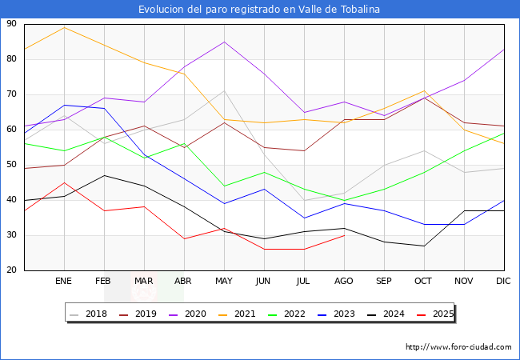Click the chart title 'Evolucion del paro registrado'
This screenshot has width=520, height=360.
[259, 10]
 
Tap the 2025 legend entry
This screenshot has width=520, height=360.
[442, 314]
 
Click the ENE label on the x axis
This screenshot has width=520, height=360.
[64, 282]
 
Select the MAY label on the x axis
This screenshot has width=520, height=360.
[224, 282]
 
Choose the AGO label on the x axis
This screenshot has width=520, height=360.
[344, 282]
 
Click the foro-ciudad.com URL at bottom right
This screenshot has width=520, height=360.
[458, 347]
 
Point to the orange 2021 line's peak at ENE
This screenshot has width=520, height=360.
[64, 27]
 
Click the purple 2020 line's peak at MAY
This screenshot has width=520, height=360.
[224, 42]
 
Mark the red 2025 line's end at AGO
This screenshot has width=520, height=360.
[344, 235]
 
